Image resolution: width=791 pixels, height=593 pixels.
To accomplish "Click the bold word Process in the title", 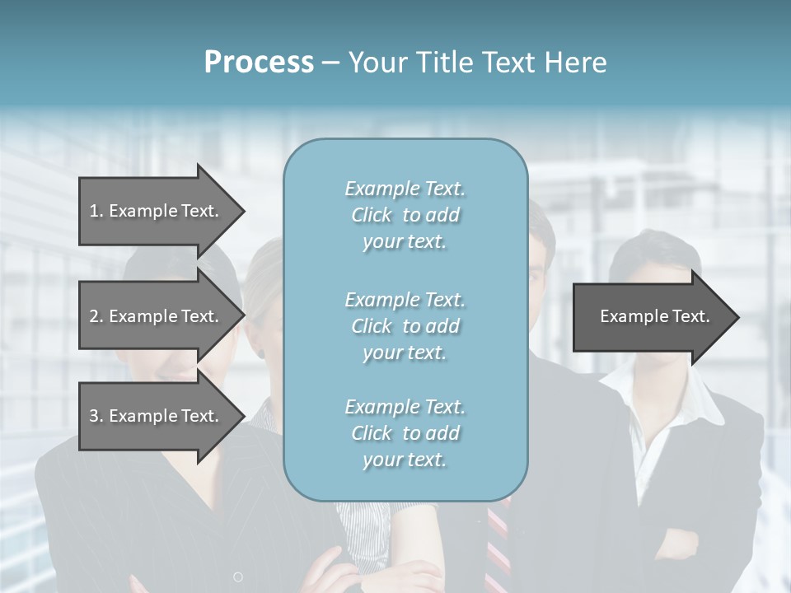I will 259,63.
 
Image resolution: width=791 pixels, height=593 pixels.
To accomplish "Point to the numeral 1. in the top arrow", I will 96,211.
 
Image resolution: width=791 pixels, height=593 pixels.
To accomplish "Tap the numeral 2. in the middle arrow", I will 96,316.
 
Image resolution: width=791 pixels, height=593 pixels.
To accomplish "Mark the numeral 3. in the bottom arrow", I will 96,416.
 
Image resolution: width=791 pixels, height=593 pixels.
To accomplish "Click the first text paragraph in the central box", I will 405,215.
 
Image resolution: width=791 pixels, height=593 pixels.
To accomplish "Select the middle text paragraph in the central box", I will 405,326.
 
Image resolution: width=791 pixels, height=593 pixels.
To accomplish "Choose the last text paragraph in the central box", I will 405,433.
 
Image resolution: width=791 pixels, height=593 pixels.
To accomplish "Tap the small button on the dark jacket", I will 238,577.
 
